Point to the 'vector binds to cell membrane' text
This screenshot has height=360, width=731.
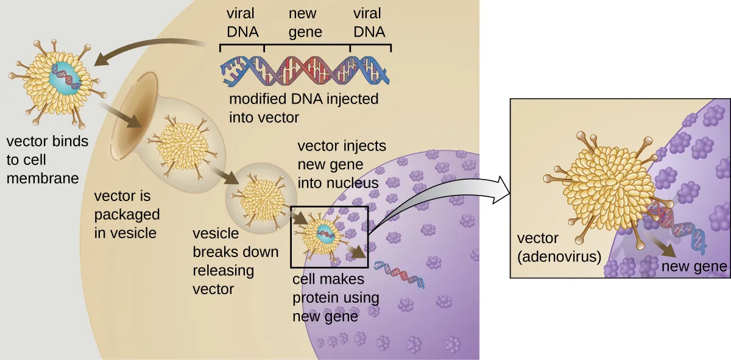click(x=47, y=160)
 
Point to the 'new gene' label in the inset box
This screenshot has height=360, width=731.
click(x=694, y=266)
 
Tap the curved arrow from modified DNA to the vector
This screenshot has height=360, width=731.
click(x=146, y=49)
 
